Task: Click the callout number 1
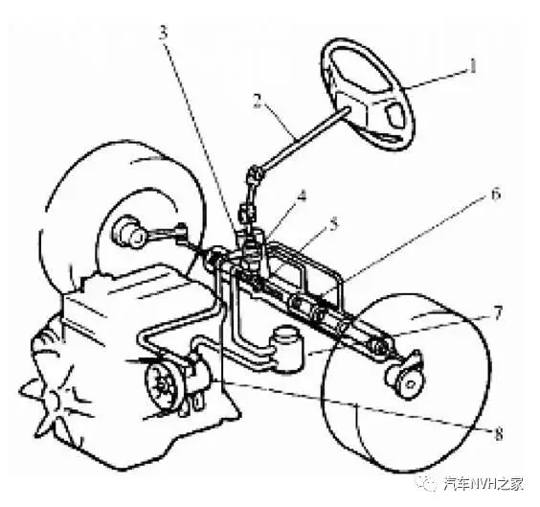474,66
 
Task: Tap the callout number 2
258,101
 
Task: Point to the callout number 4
302,196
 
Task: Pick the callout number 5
333,225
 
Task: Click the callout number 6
496,194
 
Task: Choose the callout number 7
498,313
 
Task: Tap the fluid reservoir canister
289,349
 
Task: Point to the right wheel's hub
406,380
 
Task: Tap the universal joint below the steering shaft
256,174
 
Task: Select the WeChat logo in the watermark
427,482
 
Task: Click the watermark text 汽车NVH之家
483,484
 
